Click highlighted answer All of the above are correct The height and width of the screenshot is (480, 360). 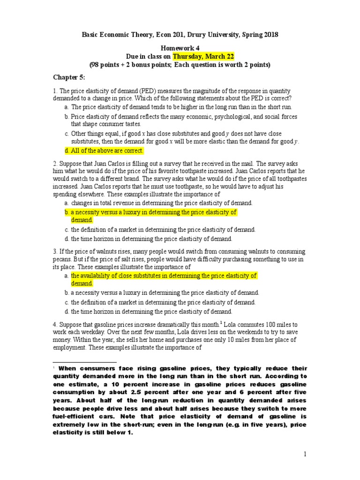[104, 150]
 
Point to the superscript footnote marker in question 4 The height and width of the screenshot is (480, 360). [221, 322]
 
